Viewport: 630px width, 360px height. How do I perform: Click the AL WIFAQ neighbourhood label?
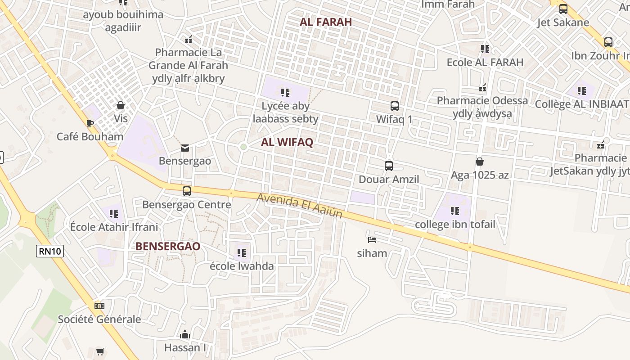pyautogui.click(x=287, y=142)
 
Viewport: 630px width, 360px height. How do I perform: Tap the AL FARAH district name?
pyautogui.click(x=326, y=22)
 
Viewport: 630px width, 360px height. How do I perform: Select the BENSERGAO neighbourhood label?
pyautogui.click(x=168, y=246)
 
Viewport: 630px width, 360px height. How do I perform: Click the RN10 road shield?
pyautogui.click(x=50, y=251)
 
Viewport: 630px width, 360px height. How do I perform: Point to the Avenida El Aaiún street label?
pyautogui.click(x=300, y=206)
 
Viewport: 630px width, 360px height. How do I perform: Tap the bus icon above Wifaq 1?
pyautogui.click(x=394, y=106)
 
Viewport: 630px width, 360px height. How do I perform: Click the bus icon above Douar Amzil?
pyautogui.click(x=389, y=166)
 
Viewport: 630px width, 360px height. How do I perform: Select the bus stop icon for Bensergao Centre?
pyautogui.click(x=187, y=191)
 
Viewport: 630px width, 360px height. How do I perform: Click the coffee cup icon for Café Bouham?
pyautogui.click(x=90, y=123)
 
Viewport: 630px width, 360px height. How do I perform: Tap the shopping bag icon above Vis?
pyautogui.click(x=120, y=105)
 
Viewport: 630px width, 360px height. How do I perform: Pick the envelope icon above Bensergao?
pyautogui.click(x=184, y=148)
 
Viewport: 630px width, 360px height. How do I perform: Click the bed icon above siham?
pyautogui.click(x=372, y=239)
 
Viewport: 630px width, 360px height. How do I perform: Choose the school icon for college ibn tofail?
pyautogui.click(x=454, y=211)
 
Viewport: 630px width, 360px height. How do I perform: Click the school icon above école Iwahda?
pyautogui.click(x=242, y=252)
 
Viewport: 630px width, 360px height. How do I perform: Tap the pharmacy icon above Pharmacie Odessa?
pyautogui.click(x=483, y=87)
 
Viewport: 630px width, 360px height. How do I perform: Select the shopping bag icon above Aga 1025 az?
pyautogui.click(x=480, y=161)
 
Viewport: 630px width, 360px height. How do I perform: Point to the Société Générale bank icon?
pyautogui.click(x=99, y=306)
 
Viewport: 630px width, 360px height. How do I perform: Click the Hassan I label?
pyautogui.click(x=185, y=347)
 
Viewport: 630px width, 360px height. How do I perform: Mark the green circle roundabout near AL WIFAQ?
pyautogui.click(x=243, y=147)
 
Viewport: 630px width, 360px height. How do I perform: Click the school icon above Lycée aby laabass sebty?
pyautogui.click(x=285, y=93)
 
